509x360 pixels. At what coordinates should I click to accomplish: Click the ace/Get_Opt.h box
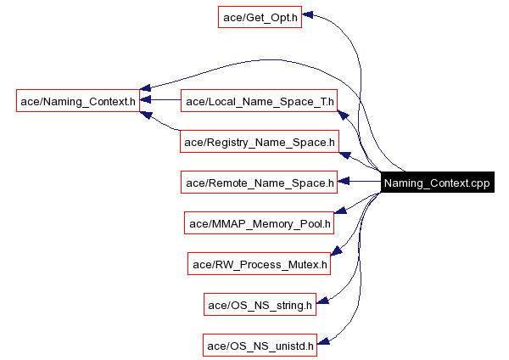(260, 17)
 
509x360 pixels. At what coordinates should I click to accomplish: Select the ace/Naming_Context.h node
(78, 101)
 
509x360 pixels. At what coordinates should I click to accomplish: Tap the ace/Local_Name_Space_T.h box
(260, 101)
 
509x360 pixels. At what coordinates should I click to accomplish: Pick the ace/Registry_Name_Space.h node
(260, 142)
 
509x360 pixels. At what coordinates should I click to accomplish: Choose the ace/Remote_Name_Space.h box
(260, 182)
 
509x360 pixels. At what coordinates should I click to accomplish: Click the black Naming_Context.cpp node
(437, 182)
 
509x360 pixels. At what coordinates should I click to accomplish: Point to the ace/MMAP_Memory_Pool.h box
(260, 222)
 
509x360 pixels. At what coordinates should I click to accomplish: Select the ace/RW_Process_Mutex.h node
(260, 263)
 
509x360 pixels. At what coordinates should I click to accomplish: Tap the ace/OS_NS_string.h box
(260, 303)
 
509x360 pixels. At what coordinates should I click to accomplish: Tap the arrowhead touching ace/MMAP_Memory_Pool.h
(340, 209)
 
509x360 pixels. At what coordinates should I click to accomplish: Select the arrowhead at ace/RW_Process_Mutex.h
(336, 250)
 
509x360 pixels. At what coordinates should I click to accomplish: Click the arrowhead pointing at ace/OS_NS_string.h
(322, 299)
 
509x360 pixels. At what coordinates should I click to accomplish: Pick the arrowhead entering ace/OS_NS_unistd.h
(322, 340)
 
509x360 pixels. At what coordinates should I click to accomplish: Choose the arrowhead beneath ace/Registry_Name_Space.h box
(344, 155)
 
